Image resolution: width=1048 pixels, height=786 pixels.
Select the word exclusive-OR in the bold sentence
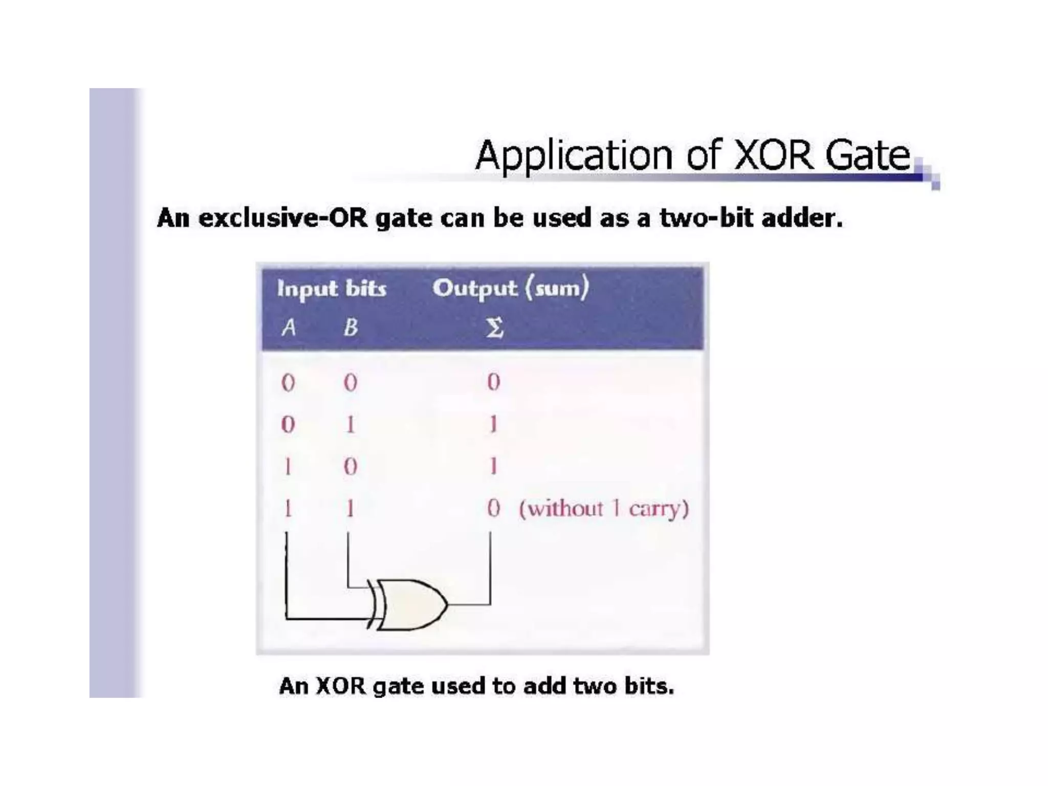(x=283, y=218)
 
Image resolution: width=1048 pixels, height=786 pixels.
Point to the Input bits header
(x=332, y=289)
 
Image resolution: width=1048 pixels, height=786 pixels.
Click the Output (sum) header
(x=511, y=288)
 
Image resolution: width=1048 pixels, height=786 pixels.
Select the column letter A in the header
(x=289, y=327)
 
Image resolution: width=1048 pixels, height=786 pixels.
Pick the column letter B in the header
(x=351, y=327)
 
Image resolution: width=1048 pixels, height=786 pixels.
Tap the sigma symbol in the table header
(x=494, y=327)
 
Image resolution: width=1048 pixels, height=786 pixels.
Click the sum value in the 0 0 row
(x=493, y=382)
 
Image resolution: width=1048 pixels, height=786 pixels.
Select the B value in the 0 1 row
(x=351, y=424)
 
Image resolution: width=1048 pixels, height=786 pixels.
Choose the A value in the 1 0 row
(x=288, y=466)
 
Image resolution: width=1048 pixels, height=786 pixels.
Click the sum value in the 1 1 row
(x=493, y=508)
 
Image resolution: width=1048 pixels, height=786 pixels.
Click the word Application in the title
(x=574, y=156)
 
